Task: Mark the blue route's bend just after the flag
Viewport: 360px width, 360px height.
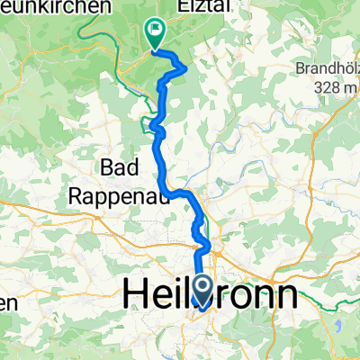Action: pos(185,67)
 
